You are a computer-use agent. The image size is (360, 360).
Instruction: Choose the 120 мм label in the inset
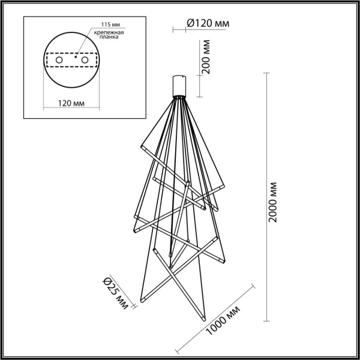coord(70,103)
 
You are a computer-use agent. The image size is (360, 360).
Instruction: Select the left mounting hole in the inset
coord(58,61)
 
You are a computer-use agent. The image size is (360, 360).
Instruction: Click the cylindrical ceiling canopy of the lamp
coord(179,86)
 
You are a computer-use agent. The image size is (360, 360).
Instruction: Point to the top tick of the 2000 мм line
coord(266,73)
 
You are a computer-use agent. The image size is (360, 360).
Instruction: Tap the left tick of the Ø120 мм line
coord(173,28)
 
